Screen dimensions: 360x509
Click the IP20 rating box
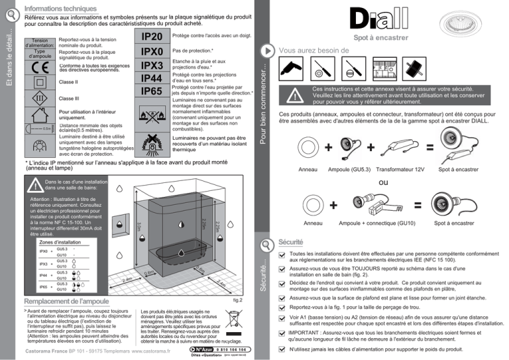pyautogui.click(x=151, y=36)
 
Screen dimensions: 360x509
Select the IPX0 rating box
pyautogui.click(x=151, y=51)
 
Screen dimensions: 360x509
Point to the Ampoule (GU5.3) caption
pyautogui.click(x=349, y=171)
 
